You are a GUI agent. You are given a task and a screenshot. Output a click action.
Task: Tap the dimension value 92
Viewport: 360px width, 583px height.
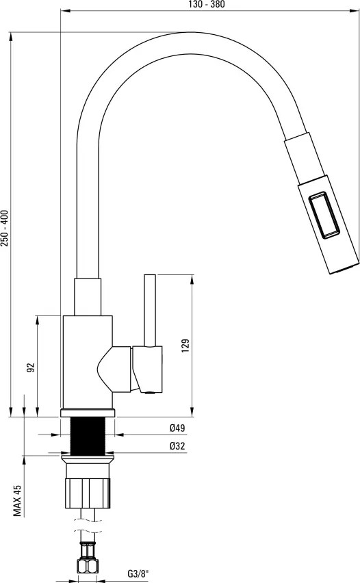click(30, 367)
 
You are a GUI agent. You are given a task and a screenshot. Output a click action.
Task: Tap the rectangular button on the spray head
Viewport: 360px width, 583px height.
click(326, 217)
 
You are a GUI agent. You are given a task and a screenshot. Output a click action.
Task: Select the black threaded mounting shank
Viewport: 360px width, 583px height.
click(90, 435)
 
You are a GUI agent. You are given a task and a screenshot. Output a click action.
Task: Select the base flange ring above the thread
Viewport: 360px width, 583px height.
click(90, 413)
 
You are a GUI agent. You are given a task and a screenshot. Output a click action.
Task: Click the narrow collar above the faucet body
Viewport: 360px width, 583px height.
click(90, 297)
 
